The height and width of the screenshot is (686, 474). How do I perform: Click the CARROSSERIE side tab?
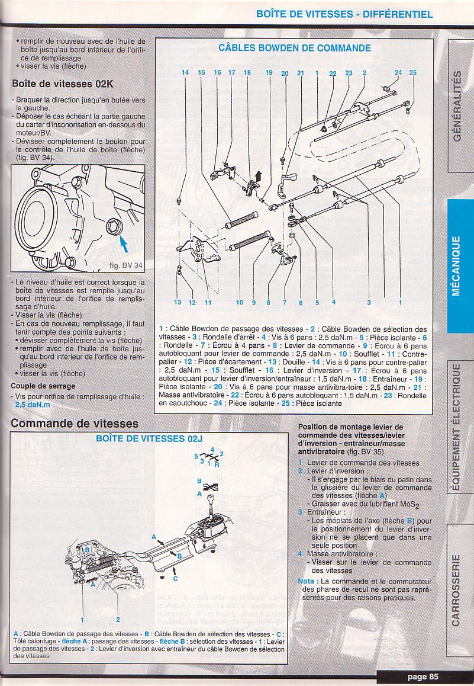(x=456, y=590)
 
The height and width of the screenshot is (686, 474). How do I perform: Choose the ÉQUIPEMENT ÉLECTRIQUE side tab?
(x=456, y=427)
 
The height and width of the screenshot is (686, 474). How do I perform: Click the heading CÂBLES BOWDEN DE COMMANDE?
(x=295, y=48)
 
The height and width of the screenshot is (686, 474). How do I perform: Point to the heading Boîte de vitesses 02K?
(x=63, y=84)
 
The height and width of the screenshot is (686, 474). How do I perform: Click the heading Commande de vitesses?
(x=75, y=423)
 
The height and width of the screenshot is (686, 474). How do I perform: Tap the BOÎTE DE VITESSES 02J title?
(x=149, y=438)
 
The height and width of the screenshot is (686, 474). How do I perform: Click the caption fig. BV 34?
(x=126, y=265)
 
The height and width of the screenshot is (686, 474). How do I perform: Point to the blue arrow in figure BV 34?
(x=124, y=243)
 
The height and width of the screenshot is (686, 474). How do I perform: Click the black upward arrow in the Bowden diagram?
(x=258, y=176)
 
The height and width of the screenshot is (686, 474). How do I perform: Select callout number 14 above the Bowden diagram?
(x=185, y=73)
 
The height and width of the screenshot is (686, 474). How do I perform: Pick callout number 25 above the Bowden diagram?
(x=413, y=73)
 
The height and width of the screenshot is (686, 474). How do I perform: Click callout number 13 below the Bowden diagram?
(x=178, y=302)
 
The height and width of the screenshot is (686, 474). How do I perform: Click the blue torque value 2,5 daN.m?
(x=33, y=405)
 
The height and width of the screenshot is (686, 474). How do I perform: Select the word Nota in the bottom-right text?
(x=306, y=581)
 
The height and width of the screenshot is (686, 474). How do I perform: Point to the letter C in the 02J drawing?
(x=175, y=579)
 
